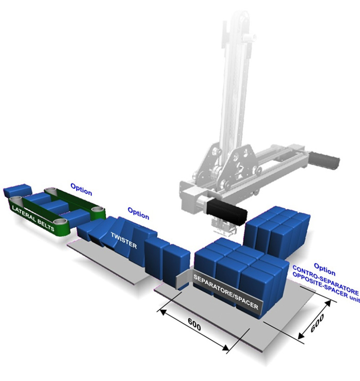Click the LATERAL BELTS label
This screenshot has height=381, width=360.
click(x=33, y=219)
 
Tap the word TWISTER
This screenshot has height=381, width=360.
click(x=124, y=240)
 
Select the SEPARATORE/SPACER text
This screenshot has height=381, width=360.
click(x=226, y=292)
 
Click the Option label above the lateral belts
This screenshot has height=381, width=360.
click(x=81, y=189)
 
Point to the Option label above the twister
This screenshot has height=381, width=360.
click(x=138, y=213)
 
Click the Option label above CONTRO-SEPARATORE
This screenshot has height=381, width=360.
click(x=325, y=269)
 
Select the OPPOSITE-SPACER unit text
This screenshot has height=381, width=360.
click(x=326, y=288)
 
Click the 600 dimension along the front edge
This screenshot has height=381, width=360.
click(x=194, y=324)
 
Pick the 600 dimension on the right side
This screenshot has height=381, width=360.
click(x=317, y=323)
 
